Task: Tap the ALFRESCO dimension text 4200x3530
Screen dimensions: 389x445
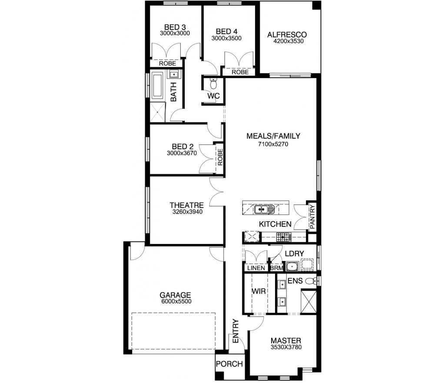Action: (x=287, y=42)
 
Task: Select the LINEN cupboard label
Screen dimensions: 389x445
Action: (x=256, y=268)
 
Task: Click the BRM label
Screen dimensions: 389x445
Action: (x=276, y=268)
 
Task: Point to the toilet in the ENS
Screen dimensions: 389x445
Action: (x=310, y=281)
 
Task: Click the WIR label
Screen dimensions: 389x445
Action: (x=259, y=290)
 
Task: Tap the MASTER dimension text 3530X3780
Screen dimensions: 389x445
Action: (x=286, y=347)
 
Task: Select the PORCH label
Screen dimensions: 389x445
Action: (x=229, y=364)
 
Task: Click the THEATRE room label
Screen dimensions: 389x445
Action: (x=187, y=205)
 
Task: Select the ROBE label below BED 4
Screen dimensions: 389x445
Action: (x=240, y=72)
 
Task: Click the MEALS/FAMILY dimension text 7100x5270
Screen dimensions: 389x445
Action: (x=273, y=143)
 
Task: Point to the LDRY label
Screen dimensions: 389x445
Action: (x=294, y=253)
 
